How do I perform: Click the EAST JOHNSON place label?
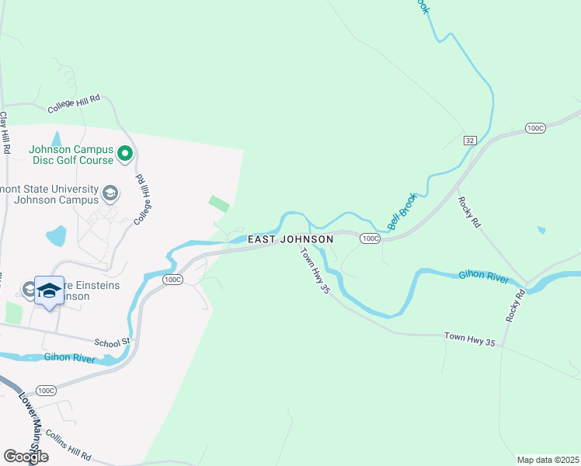pyautogui.click(x=290, y=239)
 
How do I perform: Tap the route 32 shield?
pyautogui.click(x=469, y=141)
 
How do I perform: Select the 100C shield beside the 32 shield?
pyautogui.click(x=534, y=127)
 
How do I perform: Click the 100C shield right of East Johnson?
pyautogui.click(x=370, y=239)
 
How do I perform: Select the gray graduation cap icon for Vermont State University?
pyautogui.click(x=110, y=192)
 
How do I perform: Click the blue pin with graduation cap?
pyautogui.click(x=50, y=291)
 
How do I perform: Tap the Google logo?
pyautogui.click(x=26, y=456)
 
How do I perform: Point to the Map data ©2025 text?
pyautogui.click(x=548, y=460)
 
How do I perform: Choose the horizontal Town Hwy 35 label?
pyautogui.click(x=469, y=336)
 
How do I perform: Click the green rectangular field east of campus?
pyautogui.click(x=219, y=204)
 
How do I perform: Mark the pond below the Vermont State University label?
pyautogui.click(x=56, y=235)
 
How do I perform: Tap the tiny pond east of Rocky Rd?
pyautogui.click(x=541, y=230)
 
